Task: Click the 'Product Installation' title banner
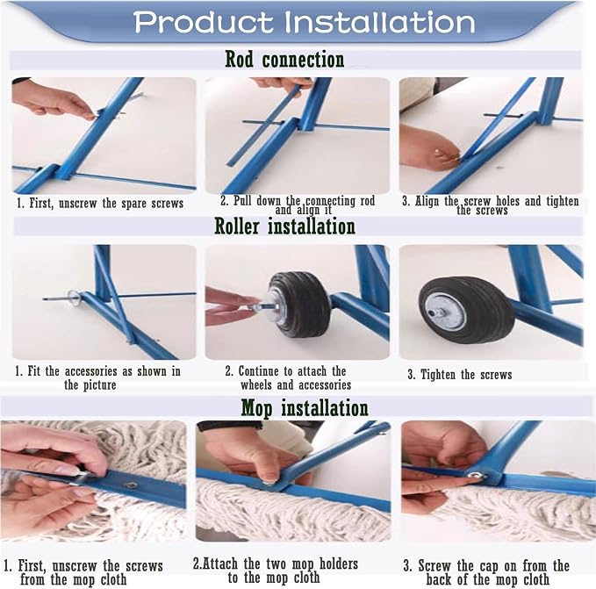(304, 22)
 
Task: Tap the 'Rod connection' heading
(284, 60)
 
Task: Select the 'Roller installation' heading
(284, 226)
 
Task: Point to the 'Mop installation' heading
(305, 408)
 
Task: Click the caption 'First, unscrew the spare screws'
(100, 204)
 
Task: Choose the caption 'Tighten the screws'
(460, 375)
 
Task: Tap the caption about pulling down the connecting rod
(298, 205)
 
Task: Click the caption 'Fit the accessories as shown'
(97, 377)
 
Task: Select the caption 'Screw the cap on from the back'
(486, 572)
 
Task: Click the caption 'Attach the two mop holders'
(276, 571)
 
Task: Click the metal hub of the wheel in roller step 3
(445, 312)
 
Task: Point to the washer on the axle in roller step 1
(74, 297)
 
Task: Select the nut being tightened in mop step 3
(475, 475)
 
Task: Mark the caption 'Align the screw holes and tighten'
(491, 205)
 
